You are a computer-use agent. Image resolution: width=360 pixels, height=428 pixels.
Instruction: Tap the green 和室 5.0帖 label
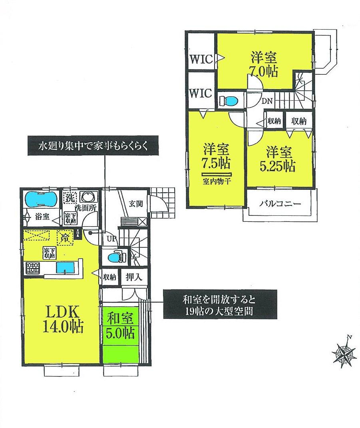click(120, 326)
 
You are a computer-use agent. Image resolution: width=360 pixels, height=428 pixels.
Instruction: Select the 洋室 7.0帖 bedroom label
click(264, 65)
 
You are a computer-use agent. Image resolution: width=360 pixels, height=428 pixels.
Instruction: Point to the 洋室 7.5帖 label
click(216, 157)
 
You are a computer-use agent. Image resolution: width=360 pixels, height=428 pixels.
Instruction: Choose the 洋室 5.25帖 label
click(280, 159)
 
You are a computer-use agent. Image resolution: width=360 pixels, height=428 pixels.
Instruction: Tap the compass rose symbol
click(344, 353)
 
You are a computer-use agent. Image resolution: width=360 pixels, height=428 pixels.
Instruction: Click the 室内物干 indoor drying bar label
click(216, 181)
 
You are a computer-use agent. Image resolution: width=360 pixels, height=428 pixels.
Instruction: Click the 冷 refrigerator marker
click(65, 237)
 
